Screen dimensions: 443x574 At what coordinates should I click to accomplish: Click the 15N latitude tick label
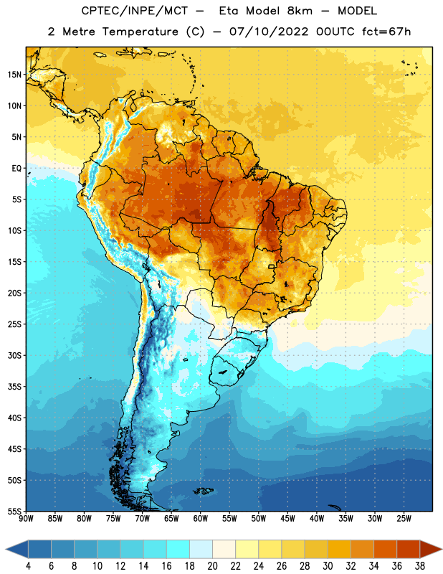coord(14,75)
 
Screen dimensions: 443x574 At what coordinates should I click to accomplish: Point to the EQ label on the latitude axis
coord(16,169)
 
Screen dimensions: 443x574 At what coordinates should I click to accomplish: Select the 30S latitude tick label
coord(14,355)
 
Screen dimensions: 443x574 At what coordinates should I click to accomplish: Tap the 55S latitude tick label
coord(14,511)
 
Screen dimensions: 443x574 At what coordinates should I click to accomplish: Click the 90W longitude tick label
coord(26,519)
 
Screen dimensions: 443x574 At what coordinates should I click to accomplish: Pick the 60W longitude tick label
coord(201,519)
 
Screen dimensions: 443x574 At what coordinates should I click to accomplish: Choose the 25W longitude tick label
coord(404,519)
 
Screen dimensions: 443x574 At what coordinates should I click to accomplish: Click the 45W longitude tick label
coord(287,519)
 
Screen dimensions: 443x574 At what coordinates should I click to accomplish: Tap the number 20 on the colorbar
coord(212,566)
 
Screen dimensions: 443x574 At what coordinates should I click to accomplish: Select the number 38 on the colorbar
coord(420,566)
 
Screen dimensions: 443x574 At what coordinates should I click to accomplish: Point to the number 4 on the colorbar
coord(28,566)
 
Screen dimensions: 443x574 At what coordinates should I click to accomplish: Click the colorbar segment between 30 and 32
coord(339,549)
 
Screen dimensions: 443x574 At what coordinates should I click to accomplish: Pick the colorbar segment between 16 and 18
coord(178,549)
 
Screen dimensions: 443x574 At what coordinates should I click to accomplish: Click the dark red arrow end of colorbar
coord(431,549)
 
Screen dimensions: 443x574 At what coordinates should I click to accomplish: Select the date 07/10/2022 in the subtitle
coord(269,32)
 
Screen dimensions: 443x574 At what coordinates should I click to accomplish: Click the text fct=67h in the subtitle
coord(386,32)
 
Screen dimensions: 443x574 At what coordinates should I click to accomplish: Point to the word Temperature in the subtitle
coord(140,32)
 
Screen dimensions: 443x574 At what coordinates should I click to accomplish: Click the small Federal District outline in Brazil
coord(272,266)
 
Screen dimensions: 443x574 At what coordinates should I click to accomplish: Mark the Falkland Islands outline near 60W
coord(204,491)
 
